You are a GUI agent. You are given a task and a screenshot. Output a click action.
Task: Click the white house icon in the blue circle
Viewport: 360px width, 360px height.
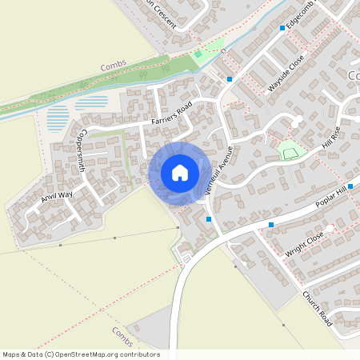(x=179, y=172)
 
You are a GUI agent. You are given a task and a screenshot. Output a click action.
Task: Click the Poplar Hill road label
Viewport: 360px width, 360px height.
(x=332, y=196)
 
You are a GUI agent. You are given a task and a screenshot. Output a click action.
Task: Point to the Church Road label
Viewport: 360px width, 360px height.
(x=317, y=307)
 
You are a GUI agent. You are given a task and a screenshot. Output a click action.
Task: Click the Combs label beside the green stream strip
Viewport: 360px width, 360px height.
(x=114, y=67)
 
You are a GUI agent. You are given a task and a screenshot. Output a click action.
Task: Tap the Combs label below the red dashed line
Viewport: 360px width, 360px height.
(x=122, y=332)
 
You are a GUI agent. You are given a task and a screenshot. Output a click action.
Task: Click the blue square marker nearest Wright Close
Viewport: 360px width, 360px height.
(x=271, y=225)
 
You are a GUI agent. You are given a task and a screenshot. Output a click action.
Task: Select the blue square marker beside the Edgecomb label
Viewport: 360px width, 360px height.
(x=282, y=28)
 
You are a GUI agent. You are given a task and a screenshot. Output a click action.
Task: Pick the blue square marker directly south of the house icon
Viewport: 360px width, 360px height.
(x=208, y=218)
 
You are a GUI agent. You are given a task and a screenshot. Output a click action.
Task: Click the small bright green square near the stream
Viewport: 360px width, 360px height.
(x=197, y=54)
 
